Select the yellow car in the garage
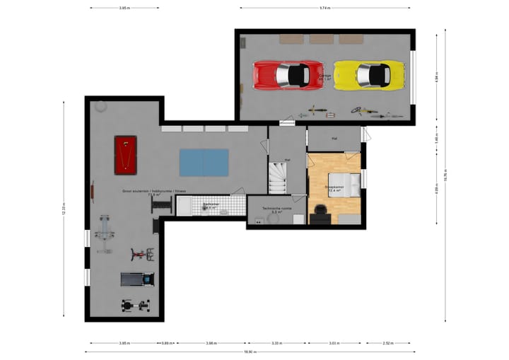pyautogui.click(x=370, y=74)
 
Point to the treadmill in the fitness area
pyautogui.click(x=136, y=279)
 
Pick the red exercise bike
pyautogui.click(x=141, y=254)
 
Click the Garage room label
pyautogui.click(x=325, y=76)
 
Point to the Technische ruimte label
pyautogui.click(x=276, y=209)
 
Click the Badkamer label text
pyautogui.click(x=210, y=205)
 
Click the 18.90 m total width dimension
pyautogui.click(x=249, y=352)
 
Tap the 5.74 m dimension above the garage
pyautogui.click(x=324, y=8)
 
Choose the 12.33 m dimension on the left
pyautogui.click(x=64, y=209)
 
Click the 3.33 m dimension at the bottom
pyautogui.click(x=277, y=343)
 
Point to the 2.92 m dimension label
pyautogui.click(x=388, y=343)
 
